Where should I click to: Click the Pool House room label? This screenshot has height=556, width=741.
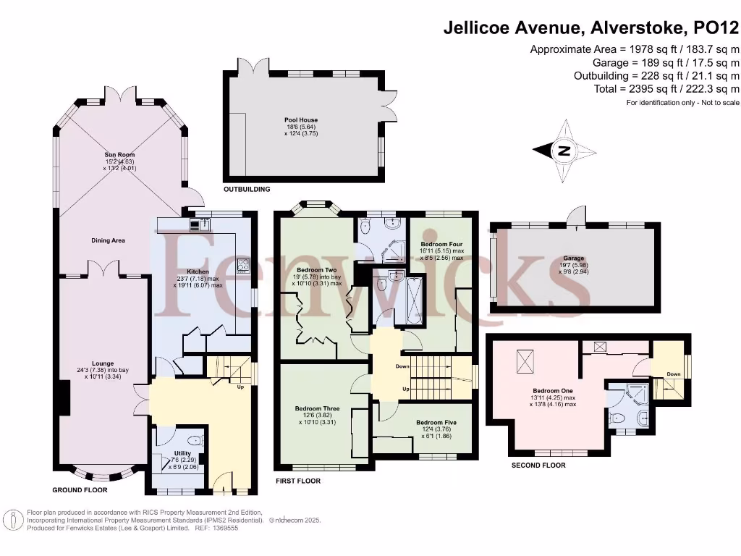(300, 120)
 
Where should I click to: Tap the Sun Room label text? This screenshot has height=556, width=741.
(120, 155)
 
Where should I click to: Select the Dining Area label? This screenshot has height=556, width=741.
(108, 240)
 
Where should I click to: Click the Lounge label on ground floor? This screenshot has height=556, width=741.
(102, 363)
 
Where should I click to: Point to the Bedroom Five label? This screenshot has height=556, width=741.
(436, 422)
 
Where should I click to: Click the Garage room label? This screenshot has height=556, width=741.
(574, 258)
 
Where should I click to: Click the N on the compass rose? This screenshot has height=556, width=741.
(563, 151)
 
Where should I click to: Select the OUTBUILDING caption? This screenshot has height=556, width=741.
(247, 190)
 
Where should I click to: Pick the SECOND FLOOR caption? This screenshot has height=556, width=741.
(538, 466)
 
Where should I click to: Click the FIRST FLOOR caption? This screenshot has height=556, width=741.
(297, 481)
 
